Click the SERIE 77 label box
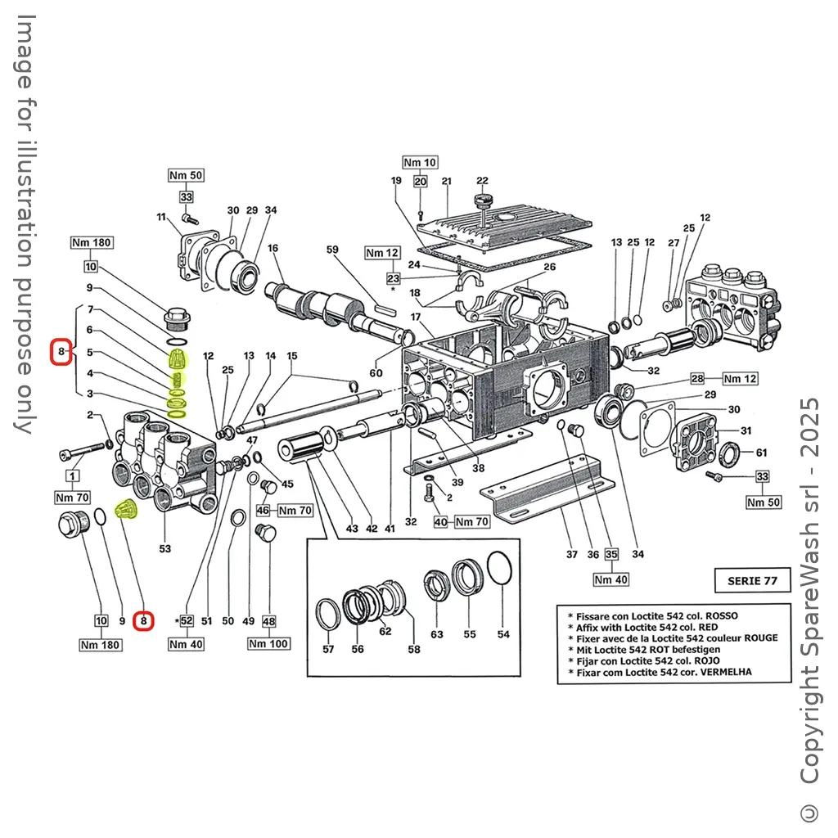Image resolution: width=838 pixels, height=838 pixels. [x=752, y=580]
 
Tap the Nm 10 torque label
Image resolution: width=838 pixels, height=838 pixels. [x=420, y=163]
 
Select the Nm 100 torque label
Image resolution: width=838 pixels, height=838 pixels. [x=268, y=644]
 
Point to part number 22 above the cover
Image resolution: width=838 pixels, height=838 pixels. [x=482, y=181]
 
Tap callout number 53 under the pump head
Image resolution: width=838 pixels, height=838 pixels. [x=165, y=548]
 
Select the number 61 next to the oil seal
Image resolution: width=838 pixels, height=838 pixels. [x=761, y=453]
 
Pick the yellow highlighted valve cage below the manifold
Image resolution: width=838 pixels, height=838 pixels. [x=126, y=510]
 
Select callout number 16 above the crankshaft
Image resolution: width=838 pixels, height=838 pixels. [x=273, y=249]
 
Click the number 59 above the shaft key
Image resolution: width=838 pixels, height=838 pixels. [x=332, y=249]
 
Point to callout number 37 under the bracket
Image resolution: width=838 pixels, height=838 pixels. [x=572, y=554]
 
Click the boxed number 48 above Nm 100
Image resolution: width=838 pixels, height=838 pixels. [x=268, y=621]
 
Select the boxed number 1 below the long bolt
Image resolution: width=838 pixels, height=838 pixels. [x=73, y=475]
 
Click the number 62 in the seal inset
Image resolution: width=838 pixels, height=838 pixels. [x=385, y=631]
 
